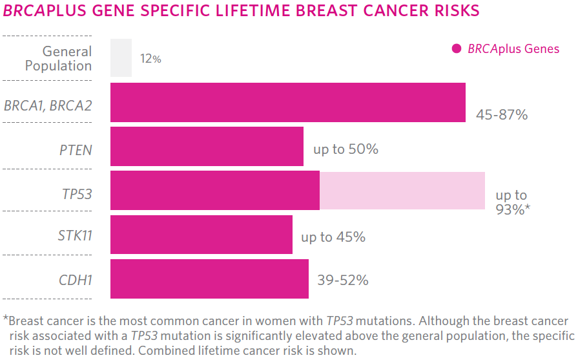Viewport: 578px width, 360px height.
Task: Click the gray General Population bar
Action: click(x=121, y=58)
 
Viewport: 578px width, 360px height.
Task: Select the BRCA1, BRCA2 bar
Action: click(x=287, y=102)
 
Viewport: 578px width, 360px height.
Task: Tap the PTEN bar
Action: click(x=207, y=147)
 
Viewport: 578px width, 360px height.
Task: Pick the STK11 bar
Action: click(x=201, y=235)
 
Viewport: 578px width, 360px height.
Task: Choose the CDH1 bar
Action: click(x=209, y=279)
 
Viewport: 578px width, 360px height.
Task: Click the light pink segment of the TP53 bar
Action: click(x=402, y=191)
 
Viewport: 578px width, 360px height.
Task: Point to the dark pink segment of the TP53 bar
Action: click(x=214, y=191)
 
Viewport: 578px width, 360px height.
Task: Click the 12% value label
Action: click(x=150, y=59)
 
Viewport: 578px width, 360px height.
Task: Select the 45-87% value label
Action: click(x=502, y=115)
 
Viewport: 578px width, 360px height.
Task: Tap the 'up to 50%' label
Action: click(x=346, y=149)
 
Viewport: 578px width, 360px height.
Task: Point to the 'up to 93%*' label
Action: click(x=513, y=202)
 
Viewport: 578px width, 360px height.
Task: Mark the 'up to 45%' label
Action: click(x=333, y=237)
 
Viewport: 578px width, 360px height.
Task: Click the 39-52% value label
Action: click(x=342, y=281)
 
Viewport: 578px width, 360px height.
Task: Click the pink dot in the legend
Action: click(x=457, y=48)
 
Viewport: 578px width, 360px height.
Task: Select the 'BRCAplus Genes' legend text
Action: click(x=513, y=49)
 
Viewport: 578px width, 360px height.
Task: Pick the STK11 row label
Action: click(x=75, y=235)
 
